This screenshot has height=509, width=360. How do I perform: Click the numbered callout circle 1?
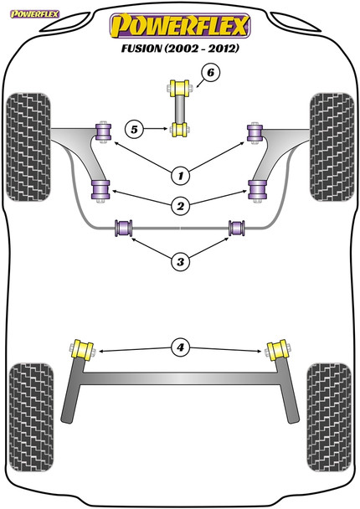click(179, 175)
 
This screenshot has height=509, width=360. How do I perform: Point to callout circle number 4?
click(179, 346)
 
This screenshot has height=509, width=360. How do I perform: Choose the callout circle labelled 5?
click(133, 129)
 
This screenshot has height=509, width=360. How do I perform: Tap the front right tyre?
click(332, 137)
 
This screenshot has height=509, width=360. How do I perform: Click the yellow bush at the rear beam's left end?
click(84, 349)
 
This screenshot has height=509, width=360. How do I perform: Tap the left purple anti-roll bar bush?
click(126, 228)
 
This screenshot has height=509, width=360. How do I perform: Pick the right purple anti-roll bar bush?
click(236, 228)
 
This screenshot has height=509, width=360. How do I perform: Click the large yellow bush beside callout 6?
click(180, 87)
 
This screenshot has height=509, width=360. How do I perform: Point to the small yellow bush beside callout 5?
click(179, 129)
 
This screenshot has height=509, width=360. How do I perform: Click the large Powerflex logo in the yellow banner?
click(180, 26)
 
